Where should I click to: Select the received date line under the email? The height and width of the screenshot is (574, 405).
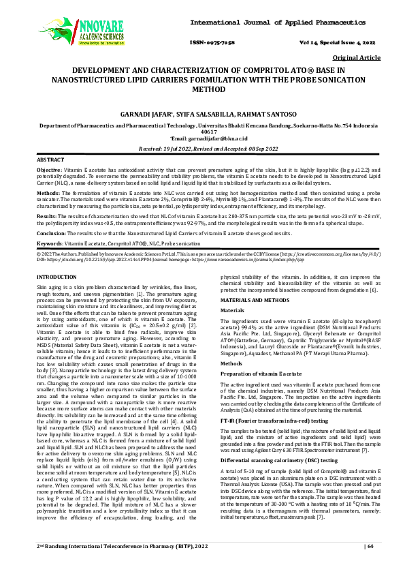tap(202, 147)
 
